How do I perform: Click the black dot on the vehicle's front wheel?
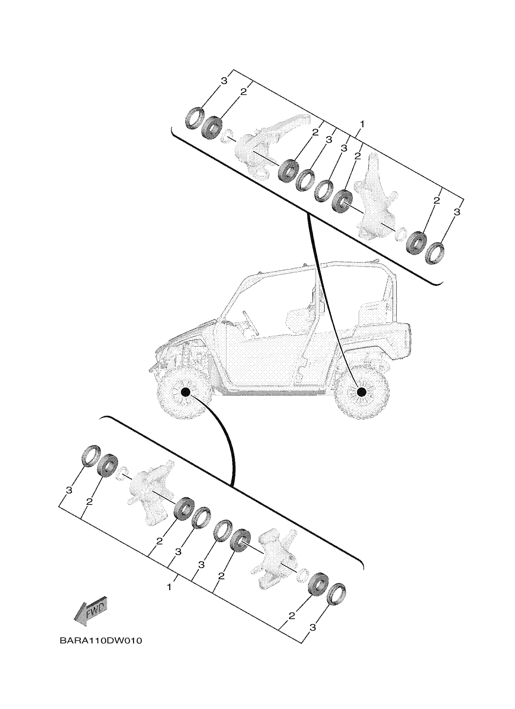pyautogui.click(x=185, y=392)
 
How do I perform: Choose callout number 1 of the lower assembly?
pyautogui.click(x=169, y=587)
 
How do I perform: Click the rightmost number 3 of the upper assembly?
pyautogui.click(x=457, y=212)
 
